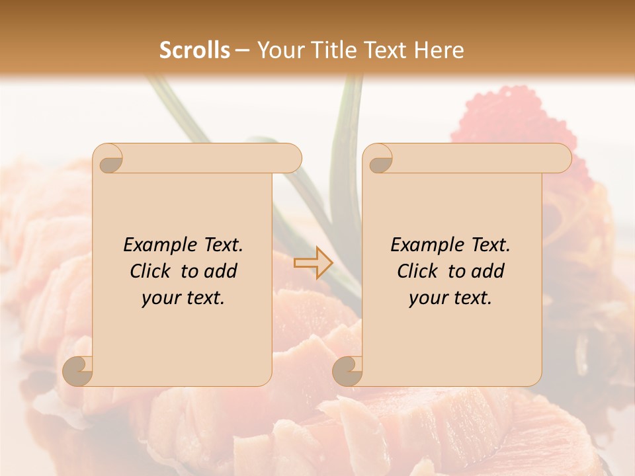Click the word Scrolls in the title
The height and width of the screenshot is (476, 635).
(194, 50)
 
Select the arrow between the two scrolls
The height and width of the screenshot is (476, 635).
(313, 262)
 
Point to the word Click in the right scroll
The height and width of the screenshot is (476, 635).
(417, 271)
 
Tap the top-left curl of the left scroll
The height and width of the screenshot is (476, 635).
(108, 159)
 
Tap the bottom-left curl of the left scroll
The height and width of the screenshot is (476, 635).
(77, 371)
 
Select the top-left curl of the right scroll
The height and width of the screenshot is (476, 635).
(378, 159)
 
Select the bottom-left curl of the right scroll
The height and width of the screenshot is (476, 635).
(347, 371)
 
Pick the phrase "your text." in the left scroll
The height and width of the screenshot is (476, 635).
(183, 298)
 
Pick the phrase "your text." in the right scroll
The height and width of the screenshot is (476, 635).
(450, 298)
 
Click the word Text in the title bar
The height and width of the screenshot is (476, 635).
(384, 50)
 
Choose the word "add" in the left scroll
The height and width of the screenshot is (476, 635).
(221, 271)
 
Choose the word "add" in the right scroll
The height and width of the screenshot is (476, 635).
(489, 271)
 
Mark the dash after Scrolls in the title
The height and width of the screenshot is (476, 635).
(242, 51)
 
